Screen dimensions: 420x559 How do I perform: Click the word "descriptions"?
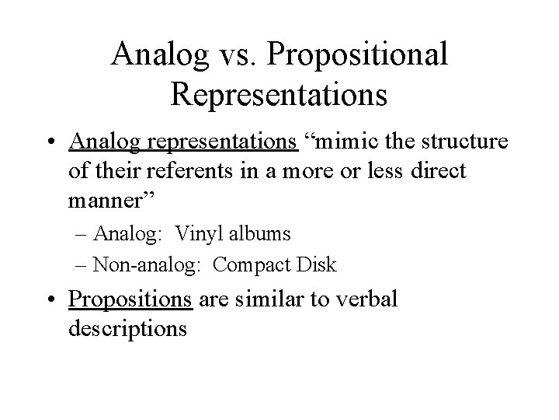pyautogui.click(x=127, y=328)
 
